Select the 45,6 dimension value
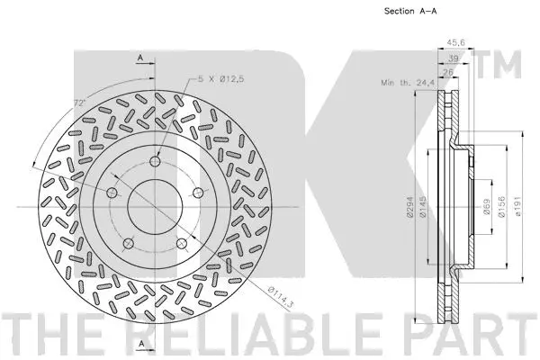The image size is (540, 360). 456,41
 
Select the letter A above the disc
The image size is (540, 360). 141,59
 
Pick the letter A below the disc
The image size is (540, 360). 141,345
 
